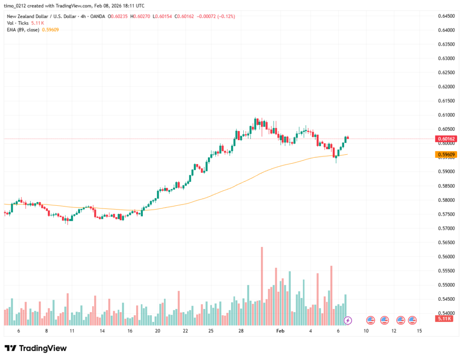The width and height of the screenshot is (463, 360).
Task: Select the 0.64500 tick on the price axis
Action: [x=446, y=16]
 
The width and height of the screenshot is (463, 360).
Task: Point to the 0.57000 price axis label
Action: [x=446, y=228]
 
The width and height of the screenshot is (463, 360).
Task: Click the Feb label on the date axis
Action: [x=280, y=331]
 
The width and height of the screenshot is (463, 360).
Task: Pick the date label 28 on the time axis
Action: [x=241, y=331]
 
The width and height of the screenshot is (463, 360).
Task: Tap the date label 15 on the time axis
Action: [x=419, y=331]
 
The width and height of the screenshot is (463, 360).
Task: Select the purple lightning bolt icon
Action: [x=348, y=320]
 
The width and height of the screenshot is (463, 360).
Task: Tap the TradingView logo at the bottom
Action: [x=36, y=348]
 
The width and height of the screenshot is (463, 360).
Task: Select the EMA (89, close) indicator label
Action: [x=22, y=29]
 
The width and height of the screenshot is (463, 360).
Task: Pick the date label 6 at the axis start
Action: [x=19, y=331]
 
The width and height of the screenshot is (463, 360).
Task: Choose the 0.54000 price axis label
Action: [x=446, y=313]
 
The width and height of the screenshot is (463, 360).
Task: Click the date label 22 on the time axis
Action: [x=185, y=331]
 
